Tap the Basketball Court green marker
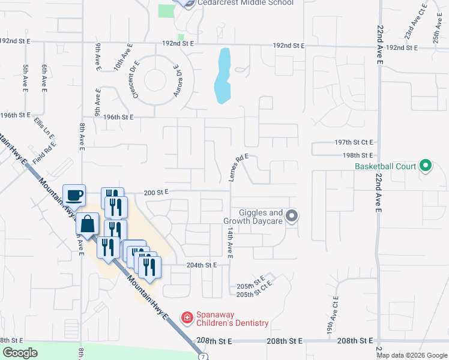coord(426,165)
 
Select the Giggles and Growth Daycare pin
coord(292,215)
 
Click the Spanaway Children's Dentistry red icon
coord(187,317)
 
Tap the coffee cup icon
coord(74,195)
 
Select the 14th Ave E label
coord(230,242)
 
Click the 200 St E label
coord(157,192)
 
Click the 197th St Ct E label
coord(354,142)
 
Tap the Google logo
coord(20,353)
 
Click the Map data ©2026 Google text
coord(412,355)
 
